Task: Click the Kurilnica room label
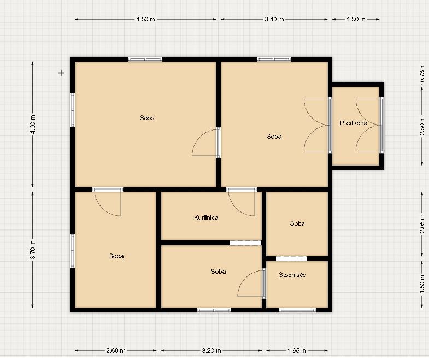[x=206, y=217]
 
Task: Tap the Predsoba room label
[x=354, y=123]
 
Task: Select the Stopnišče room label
[x=292, y=275]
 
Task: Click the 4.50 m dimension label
[x=145, y=19]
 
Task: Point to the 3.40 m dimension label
[x=274, y=19]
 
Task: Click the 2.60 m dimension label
[x=116, y=350]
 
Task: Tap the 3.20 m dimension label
[x=211, y=350]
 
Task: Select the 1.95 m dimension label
[x=297, y=350]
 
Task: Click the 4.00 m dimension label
[x=33, y=124]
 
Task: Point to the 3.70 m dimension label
[x=33, y=250]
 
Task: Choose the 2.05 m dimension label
[x=422, y=224]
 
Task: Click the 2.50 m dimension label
[x=422, y=126]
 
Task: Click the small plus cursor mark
[x=61, y=73]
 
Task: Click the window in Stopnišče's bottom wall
[x=297, y=310]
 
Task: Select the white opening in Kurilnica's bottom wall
[x=245, y=243]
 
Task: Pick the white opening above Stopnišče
[x=291, y=258]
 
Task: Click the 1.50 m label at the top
[x=356, y=19]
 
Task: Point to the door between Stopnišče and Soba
[x=264, y=283]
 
